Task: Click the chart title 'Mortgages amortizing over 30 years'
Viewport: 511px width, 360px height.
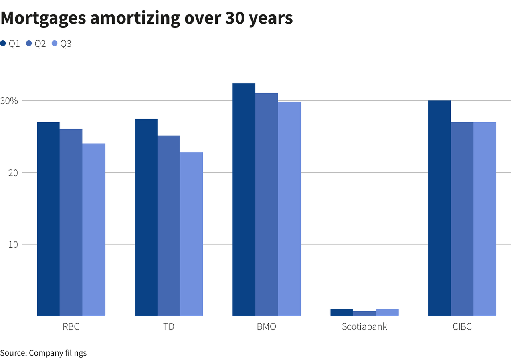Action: (x=147, y=18)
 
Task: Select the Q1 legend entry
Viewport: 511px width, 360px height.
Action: (x=10, y=44)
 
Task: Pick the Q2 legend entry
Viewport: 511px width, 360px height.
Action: (x=36, y=44)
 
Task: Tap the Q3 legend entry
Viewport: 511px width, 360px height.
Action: (x=62, y=44)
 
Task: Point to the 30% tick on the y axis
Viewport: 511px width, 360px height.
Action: (x=9, y=101)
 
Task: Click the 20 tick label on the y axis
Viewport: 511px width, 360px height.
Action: (x=13, y=173)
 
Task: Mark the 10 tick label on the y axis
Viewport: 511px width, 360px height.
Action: (x=13, y=244)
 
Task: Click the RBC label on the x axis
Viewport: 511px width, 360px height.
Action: (x=71, y=327)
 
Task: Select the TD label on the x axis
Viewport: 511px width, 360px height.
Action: (x=169, y=327)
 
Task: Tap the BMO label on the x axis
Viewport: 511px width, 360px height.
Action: (x=266, y=327)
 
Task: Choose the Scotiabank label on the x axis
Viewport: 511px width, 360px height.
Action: (x=364, y=327)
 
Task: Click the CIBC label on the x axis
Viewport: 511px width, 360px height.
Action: (x=462, y=327)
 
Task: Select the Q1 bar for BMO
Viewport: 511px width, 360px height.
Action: (x=244, y=200)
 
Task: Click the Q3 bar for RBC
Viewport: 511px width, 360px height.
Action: (x=94, y=230)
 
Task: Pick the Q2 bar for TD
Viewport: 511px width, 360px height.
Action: (x=169, y=226)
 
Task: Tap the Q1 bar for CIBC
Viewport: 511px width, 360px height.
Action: (x=439, y=208)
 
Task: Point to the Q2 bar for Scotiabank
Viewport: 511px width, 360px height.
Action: (x=364, y=313)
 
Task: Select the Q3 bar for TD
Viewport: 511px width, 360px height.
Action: (x=192, y=234)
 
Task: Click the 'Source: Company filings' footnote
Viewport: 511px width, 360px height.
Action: (x=43, y=353)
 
